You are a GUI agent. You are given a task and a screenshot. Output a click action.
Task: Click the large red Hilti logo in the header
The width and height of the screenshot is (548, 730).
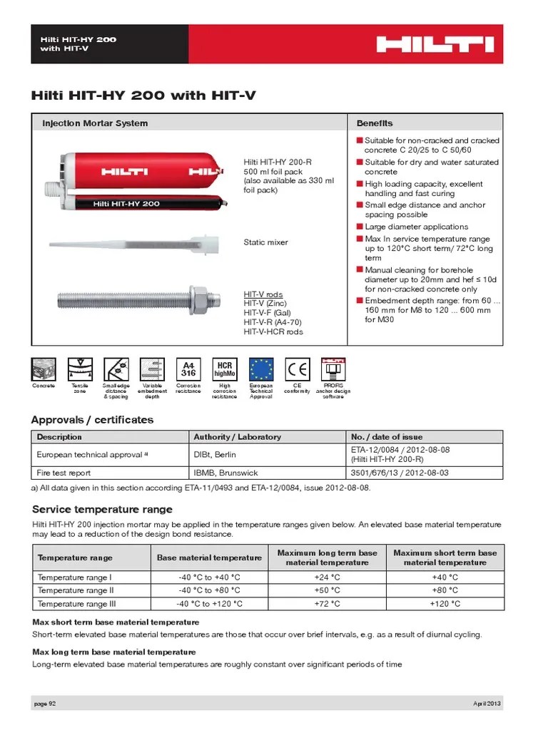(x=435, y=45)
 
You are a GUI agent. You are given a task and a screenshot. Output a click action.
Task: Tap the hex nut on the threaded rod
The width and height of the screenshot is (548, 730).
(x=200, y=293)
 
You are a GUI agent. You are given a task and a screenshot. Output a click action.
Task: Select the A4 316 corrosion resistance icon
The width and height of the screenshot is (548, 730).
(x=188, y=369)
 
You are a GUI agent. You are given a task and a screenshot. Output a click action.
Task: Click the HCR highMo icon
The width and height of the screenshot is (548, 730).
(x=224, y=369)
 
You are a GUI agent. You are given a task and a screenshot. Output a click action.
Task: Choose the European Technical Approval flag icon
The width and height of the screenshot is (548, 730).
(x=260, y=369)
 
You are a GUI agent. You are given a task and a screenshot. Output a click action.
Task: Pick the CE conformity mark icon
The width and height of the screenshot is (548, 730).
(x=297, y=369)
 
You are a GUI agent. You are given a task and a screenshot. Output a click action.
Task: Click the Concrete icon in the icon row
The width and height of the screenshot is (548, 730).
(x=44, y=369)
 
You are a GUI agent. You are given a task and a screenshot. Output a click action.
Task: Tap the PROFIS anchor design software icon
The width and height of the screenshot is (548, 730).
(x=333, y=369)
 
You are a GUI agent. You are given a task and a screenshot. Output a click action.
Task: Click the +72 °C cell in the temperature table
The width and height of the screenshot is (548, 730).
(x=327, y=604)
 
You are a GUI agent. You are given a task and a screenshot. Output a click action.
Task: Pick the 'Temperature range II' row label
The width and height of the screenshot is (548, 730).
(x=76, y=590)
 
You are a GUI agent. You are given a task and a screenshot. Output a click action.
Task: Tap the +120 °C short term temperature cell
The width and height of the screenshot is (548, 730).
(x=445, y=604)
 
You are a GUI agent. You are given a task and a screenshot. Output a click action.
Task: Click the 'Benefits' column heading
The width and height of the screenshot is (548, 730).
(x=375, y=123)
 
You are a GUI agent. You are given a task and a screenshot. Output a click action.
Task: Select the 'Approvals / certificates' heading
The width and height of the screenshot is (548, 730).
(x=93, y=420)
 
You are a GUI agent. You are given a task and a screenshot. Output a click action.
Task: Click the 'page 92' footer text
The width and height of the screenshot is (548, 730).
(x=45, y=704)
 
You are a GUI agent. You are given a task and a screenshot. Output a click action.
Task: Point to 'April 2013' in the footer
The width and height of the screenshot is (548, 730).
(x=488, y=704)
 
